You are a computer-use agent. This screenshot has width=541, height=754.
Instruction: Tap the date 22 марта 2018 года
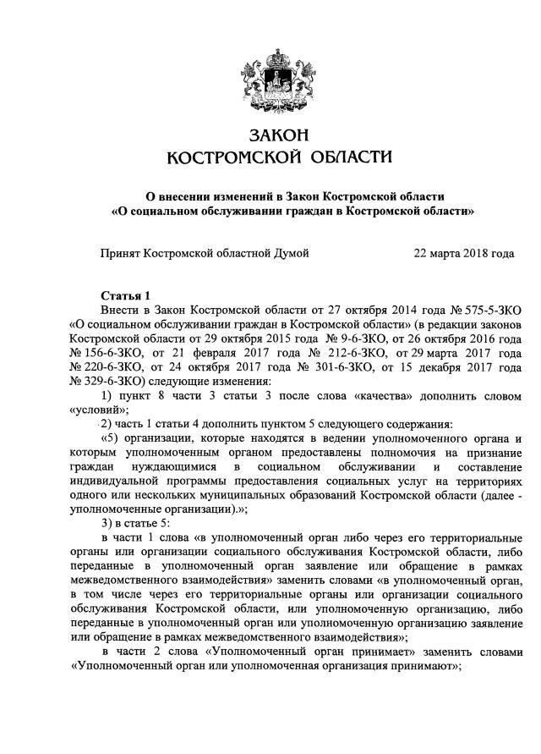pyautogui.click(x=464, y=253)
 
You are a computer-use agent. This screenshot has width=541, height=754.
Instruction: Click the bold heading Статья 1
pyautogui.click(x=125, y=295)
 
